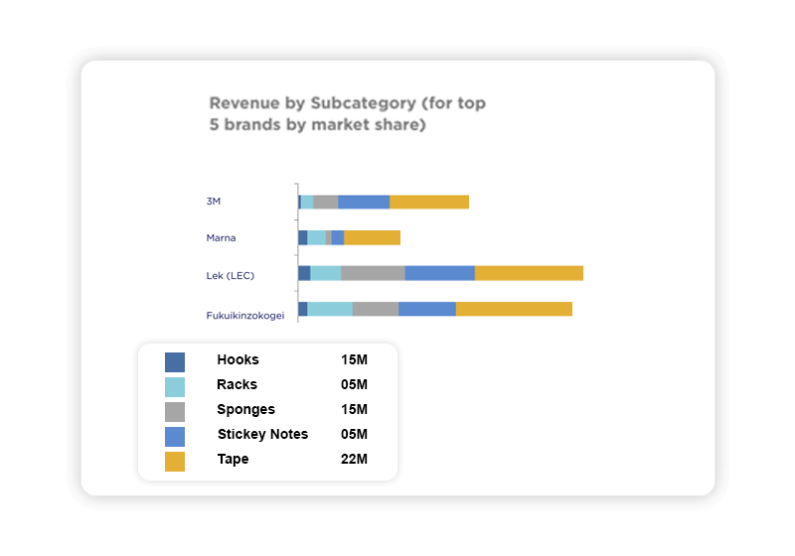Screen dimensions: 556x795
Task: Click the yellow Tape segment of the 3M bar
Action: (x=429, y=202)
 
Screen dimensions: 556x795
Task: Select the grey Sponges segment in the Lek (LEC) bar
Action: (x=373, y=273)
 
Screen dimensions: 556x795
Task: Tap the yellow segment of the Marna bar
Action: (x=372, y=237)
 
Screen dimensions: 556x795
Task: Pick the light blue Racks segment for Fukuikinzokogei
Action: (x=330, y=309)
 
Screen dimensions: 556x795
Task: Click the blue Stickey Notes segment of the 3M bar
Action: (x=364, y=202)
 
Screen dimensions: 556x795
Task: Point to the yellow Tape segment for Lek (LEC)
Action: (x=529, y=273)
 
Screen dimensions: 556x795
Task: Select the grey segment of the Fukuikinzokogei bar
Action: (x=376, y=309)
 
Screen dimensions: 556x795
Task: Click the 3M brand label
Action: (x=213, y=202)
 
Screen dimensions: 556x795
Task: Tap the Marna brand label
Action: (x=221, y=238)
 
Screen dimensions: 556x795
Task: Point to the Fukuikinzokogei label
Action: (x=245, y=316)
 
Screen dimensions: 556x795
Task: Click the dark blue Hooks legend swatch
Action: (x=175, y=362)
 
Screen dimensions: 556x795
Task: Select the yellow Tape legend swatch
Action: (x=175, y=462)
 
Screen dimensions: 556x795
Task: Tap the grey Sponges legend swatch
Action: (x=175, y=412)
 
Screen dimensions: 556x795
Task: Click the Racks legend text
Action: (x=237, y=385)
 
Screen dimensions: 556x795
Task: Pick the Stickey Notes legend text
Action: (x=262, y=435)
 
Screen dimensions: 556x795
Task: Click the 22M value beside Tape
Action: (x=354, y=460)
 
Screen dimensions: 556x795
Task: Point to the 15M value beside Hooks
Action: (x=354, y=360)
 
